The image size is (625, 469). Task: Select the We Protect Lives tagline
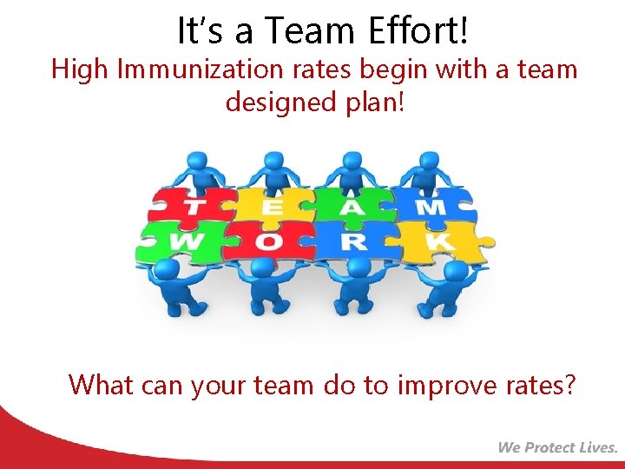(x=557, y=447)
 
